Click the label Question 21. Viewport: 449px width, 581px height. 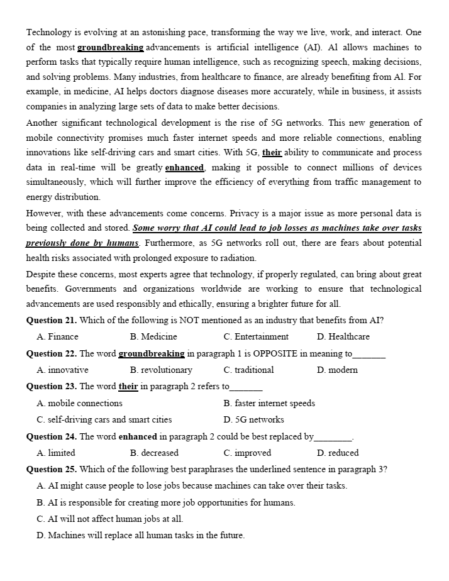[52, 320]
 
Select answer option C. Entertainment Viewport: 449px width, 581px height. [256, 336]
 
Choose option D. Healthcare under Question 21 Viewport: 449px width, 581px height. [343, 336]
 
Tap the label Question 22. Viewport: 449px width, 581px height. [52, 353]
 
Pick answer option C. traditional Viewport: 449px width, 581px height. [248, 370]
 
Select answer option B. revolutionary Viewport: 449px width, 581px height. [161, 370]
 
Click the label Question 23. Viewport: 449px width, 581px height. [52, 386]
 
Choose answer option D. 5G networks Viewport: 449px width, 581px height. [253, 419]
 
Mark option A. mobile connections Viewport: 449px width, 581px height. [80, 403]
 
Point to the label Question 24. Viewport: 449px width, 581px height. [52, 436]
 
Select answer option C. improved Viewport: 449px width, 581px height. [247, 453]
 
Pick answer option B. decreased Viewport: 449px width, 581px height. [154, 453]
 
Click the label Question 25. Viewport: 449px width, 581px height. [52, 469]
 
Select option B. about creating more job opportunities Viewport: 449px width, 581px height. [166, 502]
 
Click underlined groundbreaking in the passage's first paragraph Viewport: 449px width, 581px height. [111, 48]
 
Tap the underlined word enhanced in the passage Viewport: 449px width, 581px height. [185, 167]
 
